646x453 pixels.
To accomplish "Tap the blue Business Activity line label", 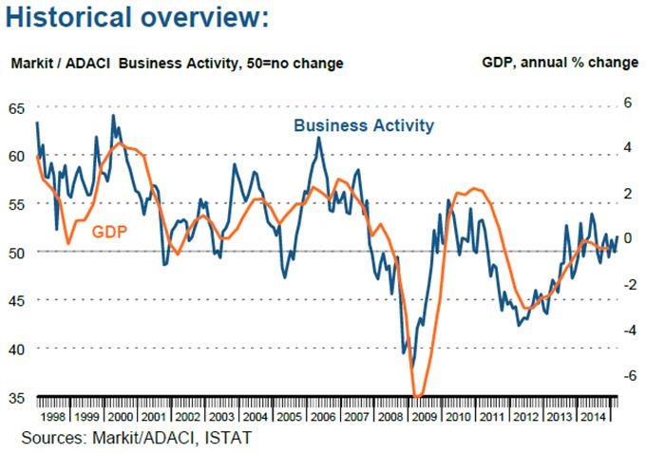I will tap(364, 125).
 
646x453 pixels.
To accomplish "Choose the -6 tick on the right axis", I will tap(627, 375).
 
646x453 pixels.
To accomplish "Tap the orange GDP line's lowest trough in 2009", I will tap(418, 395).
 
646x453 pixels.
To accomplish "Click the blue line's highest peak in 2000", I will tap(114, 116).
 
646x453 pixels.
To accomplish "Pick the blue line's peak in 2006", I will tap(318, 139).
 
